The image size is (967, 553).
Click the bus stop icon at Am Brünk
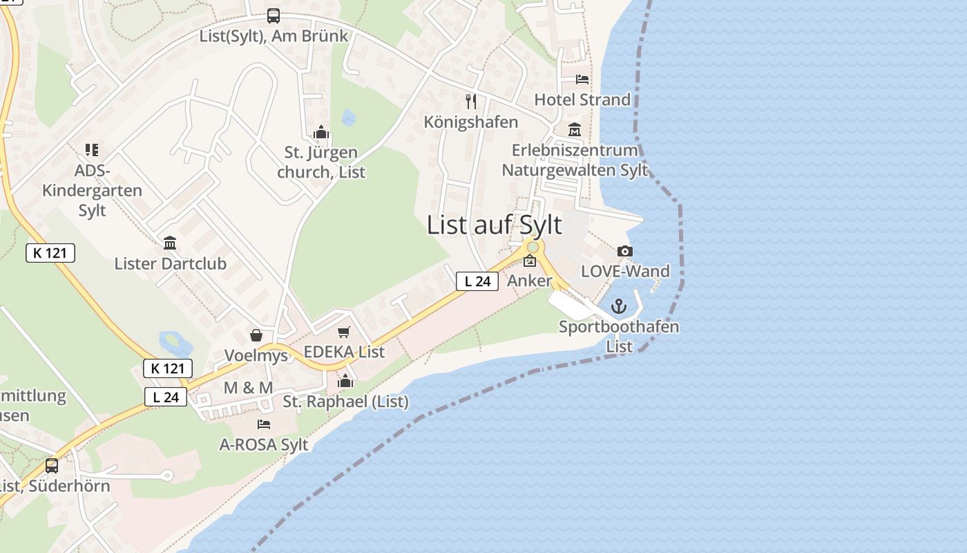pyautogui.click(x=274, y=16)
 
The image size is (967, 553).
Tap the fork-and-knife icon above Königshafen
pyautogui.click(x=471, y=102)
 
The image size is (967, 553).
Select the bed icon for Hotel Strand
pyautogui.click(x=582, y=79)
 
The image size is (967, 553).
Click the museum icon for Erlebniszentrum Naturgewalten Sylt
pyautogui.click(x=575, y=130)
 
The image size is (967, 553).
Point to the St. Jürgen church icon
pyautogui.click(x=320, y=132)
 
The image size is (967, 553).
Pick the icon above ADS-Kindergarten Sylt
pyautogui.click(x=92, y=149)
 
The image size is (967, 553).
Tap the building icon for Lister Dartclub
pyautogui.click(x=170, y=243)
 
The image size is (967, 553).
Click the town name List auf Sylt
pyautogui.click(x=495, y=225)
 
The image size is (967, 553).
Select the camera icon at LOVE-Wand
pyautogui.click(x=625, y=251)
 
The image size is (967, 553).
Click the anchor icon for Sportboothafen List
pyautogui.click(x=620, y=306)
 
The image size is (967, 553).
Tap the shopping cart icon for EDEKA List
pyautogui.click(x=344, y=332)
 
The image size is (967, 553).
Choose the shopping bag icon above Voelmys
pyautogui.click(x=256, y=335)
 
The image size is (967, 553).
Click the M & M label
pyautogui.click(x=248, y=388)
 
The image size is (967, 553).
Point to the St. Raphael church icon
pyautogui.click(x=345, y=381)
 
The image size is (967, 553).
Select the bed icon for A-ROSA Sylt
pyautogui.click(x=264, y=424)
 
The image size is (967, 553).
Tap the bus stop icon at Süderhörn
pyautogui.click(x=52, y=465)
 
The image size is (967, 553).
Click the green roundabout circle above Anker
pyautogui.click(x=533, y=247)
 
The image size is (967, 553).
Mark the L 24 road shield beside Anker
pyautogui.click(x=477, y=281)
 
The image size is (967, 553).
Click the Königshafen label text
pyautogui.click(x=471, y=122)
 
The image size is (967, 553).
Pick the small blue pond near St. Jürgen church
pyautogui.click(x=348, y=118)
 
